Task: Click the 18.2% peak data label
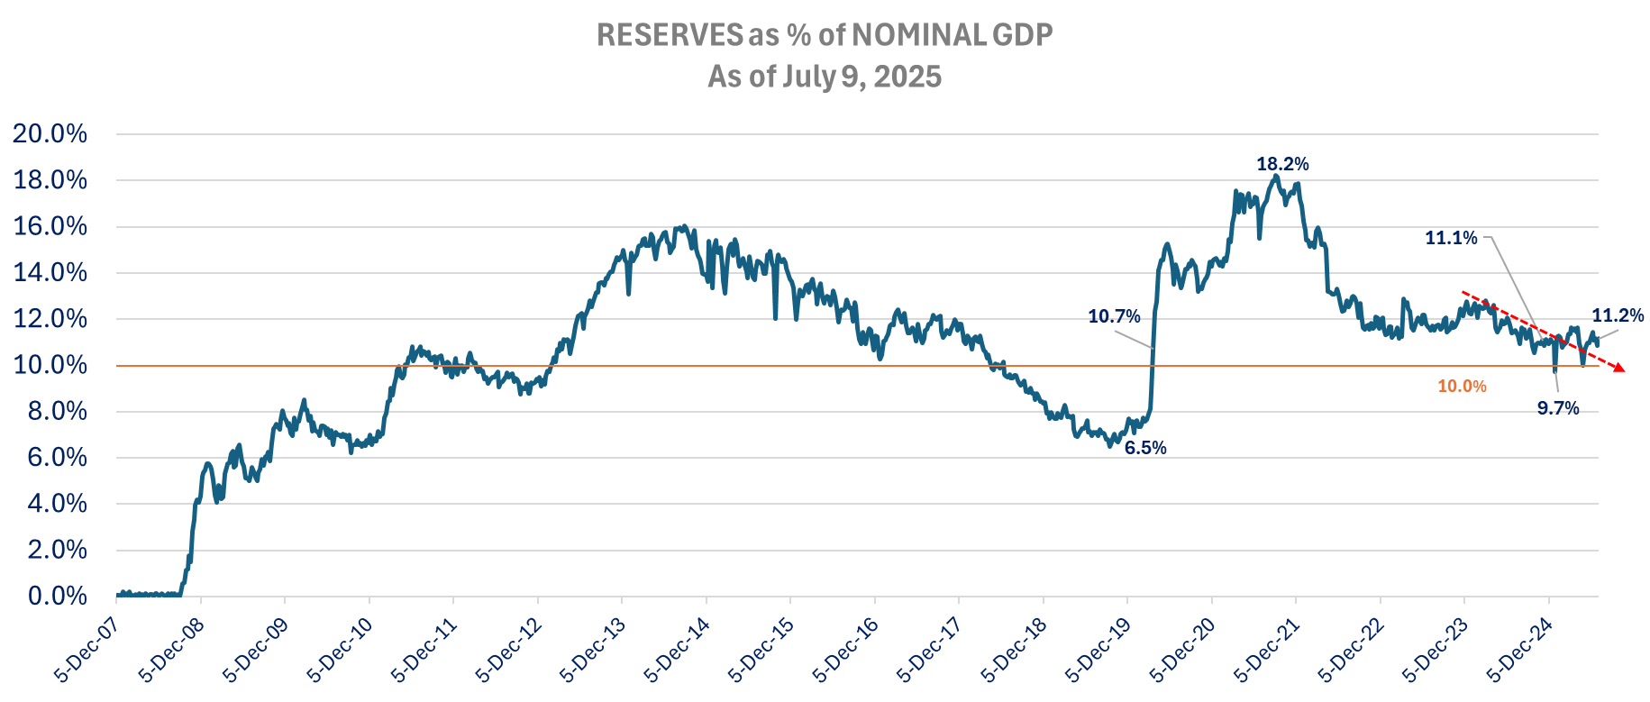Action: pyautogui.click(x=1282, y=164)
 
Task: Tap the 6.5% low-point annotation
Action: pyautogui.click(x=1145, y=448)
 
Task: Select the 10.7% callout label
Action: pyautogui.click(x=1114, y=316)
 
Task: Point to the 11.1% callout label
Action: pyautogui.click(x=1451, y=238)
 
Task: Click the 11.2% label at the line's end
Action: pyautogui.click(x=1618, y=315)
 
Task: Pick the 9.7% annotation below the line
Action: pyautogui.click(x=1558, y=408)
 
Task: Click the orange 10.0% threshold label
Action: pyautogui.click(x=1462, y=387)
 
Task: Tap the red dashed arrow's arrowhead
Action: pyautogui.click(x=1619, y=368)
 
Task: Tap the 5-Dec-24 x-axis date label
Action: pyautogui.click(x=1518, y=651)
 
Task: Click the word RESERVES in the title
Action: pyautogui.click(x=670, y=35)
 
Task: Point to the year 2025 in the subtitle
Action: pyautogui.click(x=907, y=77)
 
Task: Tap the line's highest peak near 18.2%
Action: pyautogui.click(x=1275, y=177)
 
